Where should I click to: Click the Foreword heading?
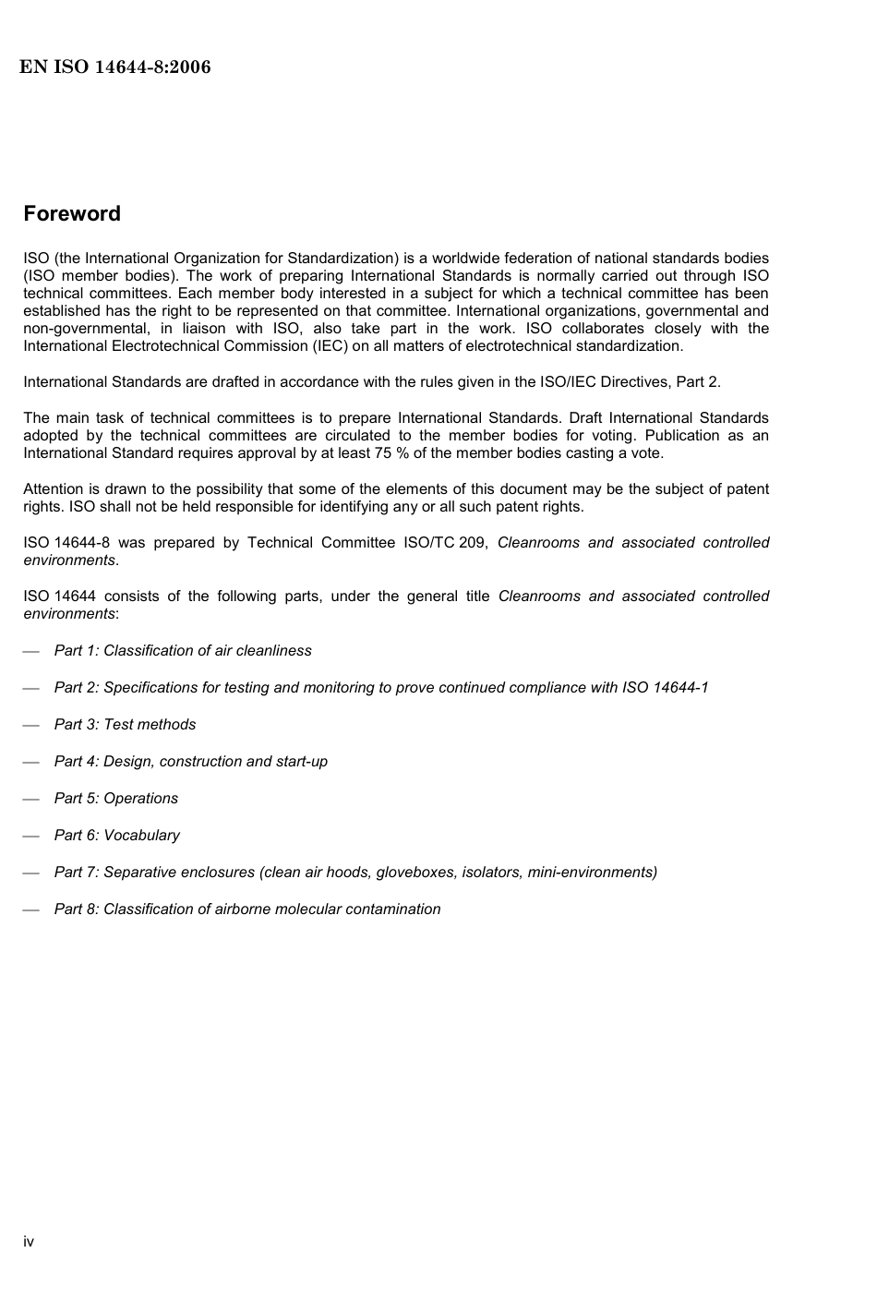pyautogui.click(x=72, y=214)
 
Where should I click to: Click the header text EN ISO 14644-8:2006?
pyautogui.click(x=115, y=67)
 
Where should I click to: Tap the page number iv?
pyautogui.click(x=29, y=1242)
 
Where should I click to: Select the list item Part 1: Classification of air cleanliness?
pyautogui.click(x=183, y=651)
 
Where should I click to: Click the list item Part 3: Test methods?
pyautogui.click(x=125, y=725)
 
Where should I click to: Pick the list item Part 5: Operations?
pyautogui.click(x=115, y=799)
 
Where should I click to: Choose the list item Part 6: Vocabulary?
pyautogui.click(x=116, y=836)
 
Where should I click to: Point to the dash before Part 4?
pyautogui.click(x=31, y=763)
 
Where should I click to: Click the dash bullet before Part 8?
pyautogui.click(x=31, y=910)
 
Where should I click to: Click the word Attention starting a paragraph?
pyautogui.click(x=53, y=489)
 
